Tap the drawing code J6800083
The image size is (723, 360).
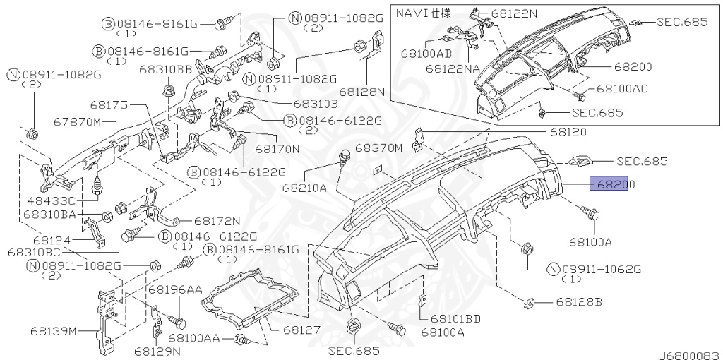click(x=690, y=355)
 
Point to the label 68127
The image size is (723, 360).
click(x=301, y=330)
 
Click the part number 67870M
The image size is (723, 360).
click(x=76, y=122)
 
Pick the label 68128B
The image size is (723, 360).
click(x=579, y=302)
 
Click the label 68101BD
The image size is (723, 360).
click(x=455, y=318)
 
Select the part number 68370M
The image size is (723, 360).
click(x=379, y=148)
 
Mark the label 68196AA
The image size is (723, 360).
click(x=175, y=289)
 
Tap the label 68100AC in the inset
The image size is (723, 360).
click(x=622, y=88)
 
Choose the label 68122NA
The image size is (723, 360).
click(x=453, y=68)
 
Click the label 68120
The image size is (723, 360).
click(x=568, y=132)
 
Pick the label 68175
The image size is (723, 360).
click(x=109, y=105)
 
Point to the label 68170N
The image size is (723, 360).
click(x=277, y=149)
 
